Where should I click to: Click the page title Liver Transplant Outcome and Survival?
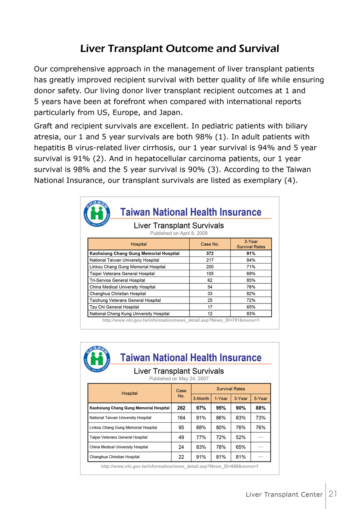pyautogui.click(x=180, y=49)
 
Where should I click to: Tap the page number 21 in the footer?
pyautogui.click(x=333, y=494)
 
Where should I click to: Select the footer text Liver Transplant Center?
pyautogui.click(x=284, y=494)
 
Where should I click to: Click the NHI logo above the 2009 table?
pyautogui.click(x=97, y=214)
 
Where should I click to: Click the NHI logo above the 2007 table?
pyautogui.click(x=97, y=359)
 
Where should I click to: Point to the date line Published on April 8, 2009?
pyautogui.click(x=179, y=233)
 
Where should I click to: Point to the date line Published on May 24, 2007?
pyautogui.click(x=179, y=379)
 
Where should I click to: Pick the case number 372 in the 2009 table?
pyautogui.click(x=210, y=253)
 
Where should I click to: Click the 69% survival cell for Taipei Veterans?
pyautogui.click(x=251, y=274)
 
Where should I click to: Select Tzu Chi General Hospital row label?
pyautogui.click(x=114, y=307)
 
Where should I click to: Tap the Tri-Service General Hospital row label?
pyautogui.click(x=117, y=280)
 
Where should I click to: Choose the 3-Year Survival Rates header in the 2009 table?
pyautogui.click(x=251, y=244)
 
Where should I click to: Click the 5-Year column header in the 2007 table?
pyautogui.click(x=260, y=399)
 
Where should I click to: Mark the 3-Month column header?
pyautogui.click(x=201, y=399)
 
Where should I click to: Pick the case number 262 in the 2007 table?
pyautogui.click(x=181, y=408)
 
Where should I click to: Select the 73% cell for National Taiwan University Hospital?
pyautogui.click(x=260, y=418)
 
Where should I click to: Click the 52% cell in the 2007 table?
pyautogui.click(x=240, y=437)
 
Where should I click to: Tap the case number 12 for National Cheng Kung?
pyautogui.click(x=210, y=314)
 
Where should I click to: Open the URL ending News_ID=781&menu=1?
pyautogui.click(x=181, y=320)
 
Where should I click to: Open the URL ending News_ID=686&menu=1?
pyautogui.click(x=179, y=466)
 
